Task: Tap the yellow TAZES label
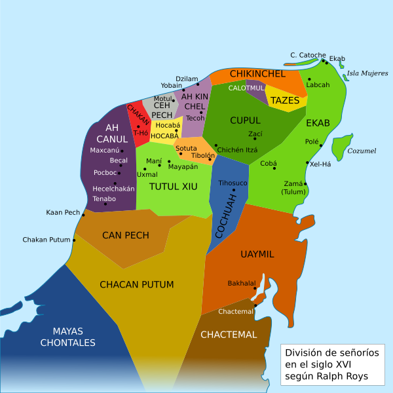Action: pos(285,101)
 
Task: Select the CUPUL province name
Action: pos(245,121)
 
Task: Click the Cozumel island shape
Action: pos(341,147)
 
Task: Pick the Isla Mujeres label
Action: pos(367,73)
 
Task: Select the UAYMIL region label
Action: pos(257,253)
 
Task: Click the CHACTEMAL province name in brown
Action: pos(229,335)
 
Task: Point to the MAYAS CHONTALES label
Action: pos(67,337)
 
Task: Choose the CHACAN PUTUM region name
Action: pos(136,284)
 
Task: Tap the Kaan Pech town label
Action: pos(63,212)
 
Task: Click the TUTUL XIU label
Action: pos(173,187)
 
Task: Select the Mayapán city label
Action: pos(183,167)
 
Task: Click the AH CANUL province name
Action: pos(107,133)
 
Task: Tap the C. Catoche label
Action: pos(308,54)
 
